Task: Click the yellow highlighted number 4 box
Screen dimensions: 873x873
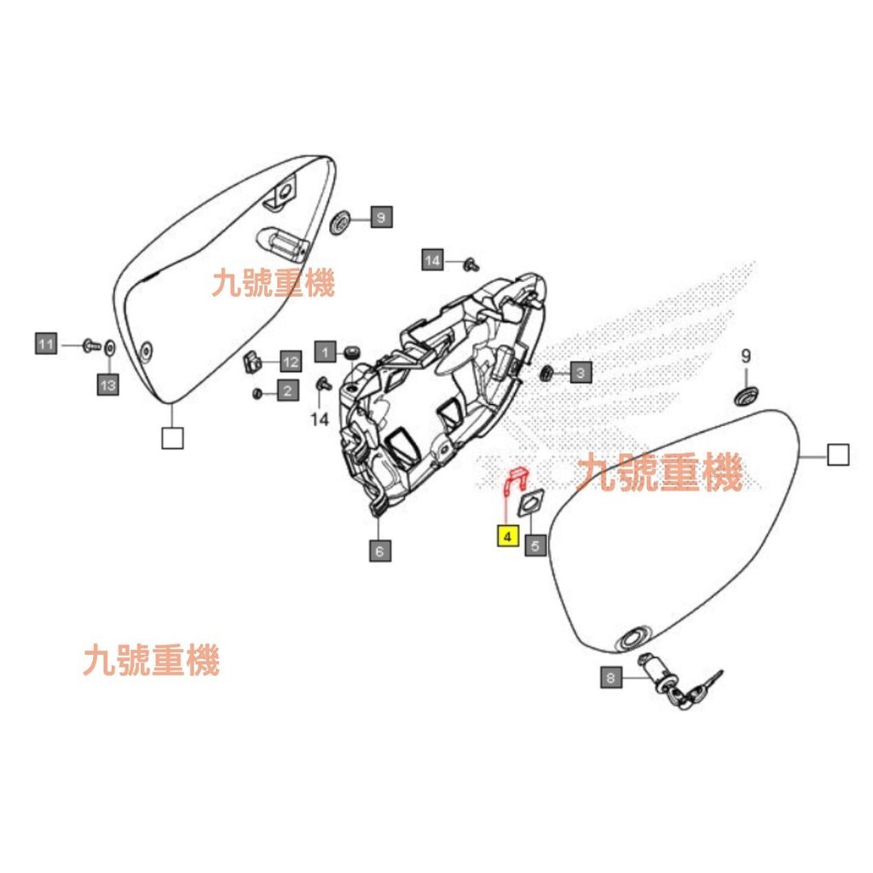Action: click(507, 537)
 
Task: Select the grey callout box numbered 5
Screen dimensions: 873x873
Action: click(535, 545)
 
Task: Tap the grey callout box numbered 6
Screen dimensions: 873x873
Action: click(379, 552)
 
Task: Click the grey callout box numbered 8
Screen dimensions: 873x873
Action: click(610, 678)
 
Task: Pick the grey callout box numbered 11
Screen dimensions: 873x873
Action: click(46, 344)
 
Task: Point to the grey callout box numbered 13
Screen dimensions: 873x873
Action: click(107, 385)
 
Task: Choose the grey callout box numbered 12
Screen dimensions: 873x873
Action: click(290, 361)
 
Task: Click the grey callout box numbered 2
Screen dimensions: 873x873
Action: click(287, 391)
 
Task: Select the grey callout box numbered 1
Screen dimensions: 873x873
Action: click(324, 350)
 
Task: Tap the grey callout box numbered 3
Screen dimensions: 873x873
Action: click(580, 372)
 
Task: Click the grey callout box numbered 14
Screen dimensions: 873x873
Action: click(434, 260)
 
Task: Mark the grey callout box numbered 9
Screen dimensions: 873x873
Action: click(380, 217)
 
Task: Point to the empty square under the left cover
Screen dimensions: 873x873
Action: click(171, 438)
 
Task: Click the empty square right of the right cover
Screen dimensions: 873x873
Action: click(838, 455)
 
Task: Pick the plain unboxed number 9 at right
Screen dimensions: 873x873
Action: click(745, 356)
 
